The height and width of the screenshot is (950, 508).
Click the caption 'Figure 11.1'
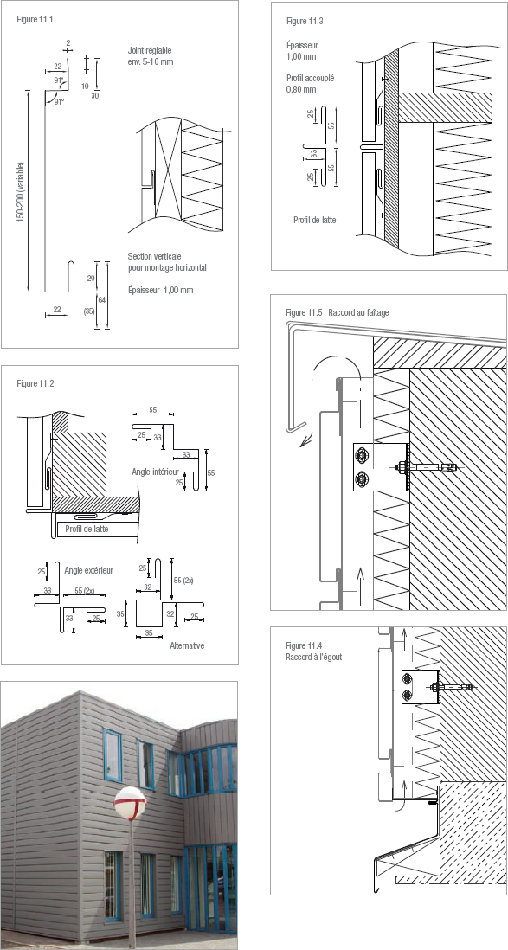point(35,19)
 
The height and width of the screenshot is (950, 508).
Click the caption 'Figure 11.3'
point(305,22)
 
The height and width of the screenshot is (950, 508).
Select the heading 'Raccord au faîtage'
point(358,312)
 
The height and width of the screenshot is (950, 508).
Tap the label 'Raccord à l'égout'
point(313,657)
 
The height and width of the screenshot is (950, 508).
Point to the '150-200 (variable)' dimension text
point(21,192)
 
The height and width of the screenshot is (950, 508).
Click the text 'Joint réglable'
point(151,51)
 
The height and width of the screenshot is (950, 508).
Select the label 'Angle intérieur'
point(155,471)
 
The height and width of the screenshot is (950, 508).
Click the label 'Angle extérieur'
point(88,570)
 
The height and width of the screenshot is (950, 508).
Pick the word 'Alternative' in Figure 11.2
point(187,645)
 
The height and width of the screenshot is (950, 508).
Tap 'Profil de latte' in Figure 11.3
point(314,220)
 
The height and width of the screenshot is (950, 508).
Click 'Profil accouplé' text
point(311,78)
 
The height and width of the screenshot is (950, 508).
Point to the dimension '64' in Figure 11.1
point(101,300)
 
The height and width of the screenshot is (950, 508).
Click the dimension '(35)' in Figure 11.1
point(88,311)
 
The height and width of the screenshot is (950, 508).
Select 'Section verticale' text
point(155,256)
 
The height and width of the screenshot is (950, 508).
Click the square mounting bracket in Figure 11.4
point(420,687)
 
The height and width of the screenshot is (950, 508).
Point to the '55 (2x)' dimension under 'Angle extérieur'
point(84,590)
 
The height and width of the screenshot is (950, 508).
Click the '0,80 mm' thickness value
point(300,90)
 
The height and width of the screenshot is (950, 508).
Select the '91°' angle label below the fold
point(59,102)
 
